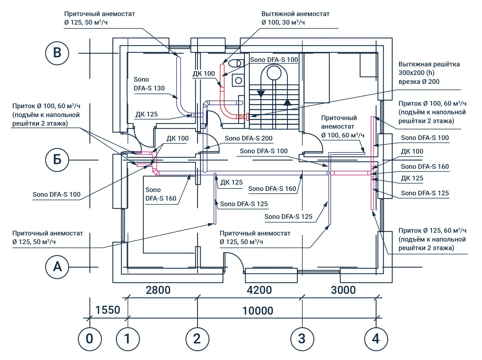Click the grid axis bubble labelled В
click(x=57, y=53)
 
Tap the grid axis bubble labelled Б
click(x=57, y=160)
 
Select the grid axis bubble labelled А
click(x=57, y=267)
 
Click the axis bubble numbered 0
click(x=90, y=339)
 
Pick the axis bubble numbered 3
click(x=302, y=339)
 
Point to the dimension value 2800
click(x=158, y=290)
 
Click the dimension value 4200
click(x=259, y=290)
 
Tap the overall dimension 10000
click(x=258, y=311)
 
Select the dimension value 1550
click(x=108, y=310)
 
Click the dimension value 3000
click(x=343, y=290)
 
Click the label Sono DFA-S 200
click(x=249, y=138)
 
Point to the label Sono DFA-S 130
click(x=149, y=84)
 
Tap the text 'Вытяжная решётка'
click(x=429, y=64)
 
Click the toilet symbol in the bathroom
click(x=236, y=63)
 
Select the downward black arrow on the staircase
click(x=261, y=94)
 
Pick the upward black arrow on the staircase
click(x=287, y=102)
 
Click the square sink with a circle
click(x=238, y=81)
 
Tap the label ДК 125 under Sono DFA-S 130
click(x=146, y=114)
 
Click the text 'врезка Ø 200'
click(x=419, y=82)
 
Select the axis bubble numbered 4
click(x=376, y=339)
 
